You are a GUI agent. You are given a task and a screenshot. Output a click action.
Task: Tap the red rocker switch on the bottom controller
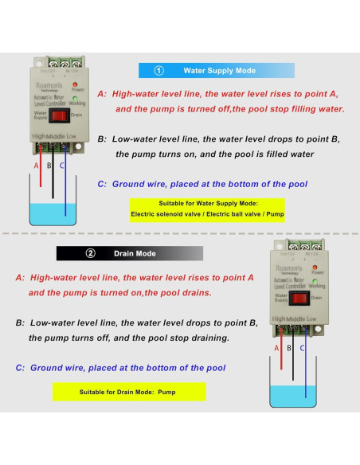coord(298,299)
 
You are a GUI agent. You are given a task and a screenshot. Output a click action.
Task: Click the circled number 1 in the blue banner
coord(158,71)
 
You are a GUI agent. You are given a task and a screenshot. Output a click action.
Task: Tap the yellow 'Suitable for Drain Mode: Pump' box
coord(128,392)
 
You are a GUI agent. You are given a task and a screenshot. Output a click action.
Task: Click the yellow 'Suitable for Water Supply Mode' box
coord(209,209)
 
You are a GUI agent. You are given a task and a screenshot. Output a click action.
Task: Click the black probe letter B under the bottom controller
coord(289,348)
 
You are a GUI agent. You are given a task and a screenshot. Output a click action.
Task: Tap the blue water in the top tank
coord(53,213)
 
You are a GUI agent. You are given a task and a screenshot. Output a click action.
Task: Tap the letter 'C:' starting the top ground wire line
coord(102,184)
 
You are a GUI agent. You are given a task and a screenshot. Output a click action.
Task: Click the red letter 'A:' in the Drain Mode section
coord(20,279)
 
